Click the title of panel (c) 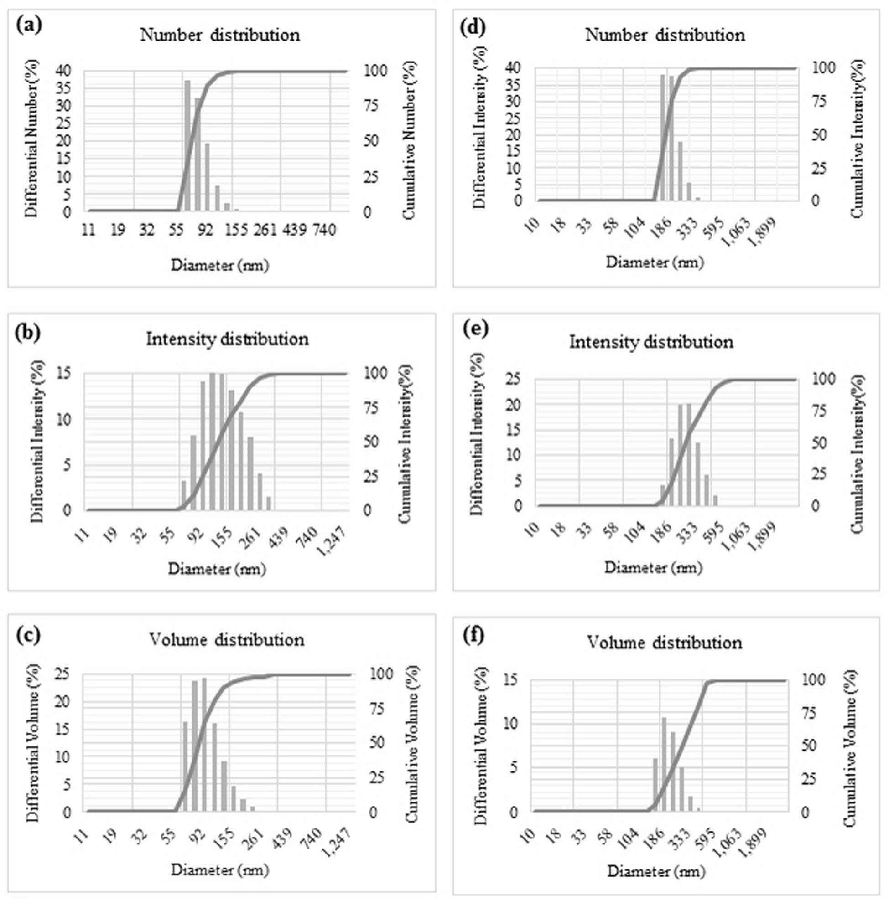[227, 640]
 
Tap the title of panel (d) [665, 35]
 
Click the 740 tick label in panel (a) [323, 230]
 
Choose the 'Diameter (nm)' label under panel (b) [217, 569]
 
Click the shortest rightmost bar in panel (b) [269, 503]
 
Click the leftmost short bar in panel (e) [662, 495]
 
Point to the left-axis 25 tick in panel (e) [517, 379]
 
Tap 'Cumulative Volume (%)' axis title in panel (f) [850, 748]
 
